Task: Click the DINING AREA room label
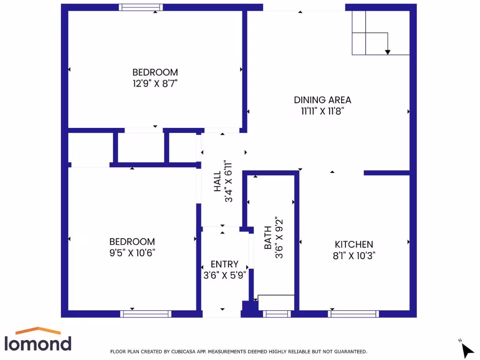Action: pos(322,100)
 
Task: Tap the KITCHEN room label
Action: pos(353,244)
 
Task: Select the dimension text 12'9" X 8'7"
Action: pos(155,84)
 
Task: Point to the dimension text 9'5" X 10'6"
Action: pos(132,253)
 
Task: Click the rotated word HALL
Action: pos(217,181)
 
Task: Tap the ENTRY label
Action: pos(224,264)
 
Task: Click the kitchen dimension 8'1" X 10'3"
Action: pos(353,255)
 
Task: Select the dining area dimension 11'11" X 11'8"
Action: pos(322,111)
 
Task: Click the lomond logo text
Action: pos(38,343)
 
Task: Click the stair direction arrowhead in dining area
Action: pos(388,52)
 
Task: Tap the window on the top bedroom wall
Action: pos(141,7)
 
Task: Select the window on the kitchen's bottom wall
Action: pos(353,314)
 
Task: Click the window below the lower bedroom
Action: pos(146,314)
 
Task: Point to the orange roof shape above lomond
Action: pos(38,330)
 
